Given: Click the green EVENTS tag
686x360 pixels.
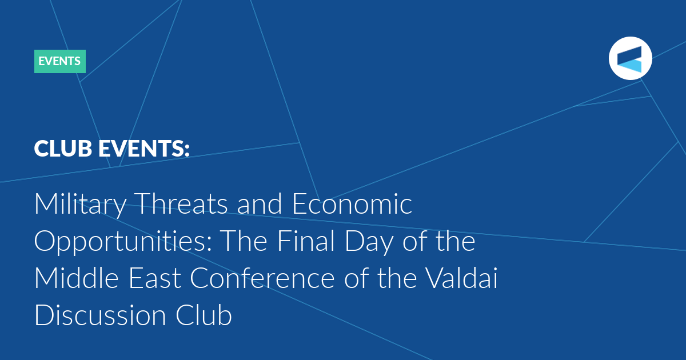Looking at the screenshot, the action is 60,61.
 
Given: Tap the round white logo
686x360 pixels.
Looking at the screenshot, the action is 630,58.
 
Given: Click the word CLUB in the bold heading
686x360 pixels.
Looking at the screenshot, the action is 63,149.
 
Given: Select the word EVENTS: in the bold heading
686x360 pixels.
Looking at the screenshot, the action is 144,149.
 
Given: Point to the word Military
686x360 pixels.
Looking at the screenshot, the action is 80,205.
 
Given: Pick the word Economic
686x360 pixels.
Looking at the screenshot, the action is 352,203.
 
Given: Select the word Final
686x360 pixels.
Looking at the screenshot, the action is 306,241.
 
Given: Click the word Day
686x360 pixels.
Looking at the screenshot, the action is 369,242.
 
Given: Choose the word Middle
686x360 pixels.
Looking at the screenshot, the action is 76,278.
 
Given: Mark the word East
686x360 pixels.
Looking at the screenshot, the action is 154,278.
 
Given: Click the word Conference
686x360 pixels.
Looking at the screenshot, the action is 262,278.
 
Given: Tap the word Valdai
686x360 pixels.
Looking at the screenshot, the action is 462,278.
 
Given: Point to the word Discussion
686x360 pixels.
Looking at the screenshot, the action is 100,315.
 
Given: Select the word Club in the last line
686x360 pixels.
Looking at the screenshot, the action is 204,315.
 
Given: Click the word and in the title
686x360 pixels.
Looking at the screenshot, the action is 260,203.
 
